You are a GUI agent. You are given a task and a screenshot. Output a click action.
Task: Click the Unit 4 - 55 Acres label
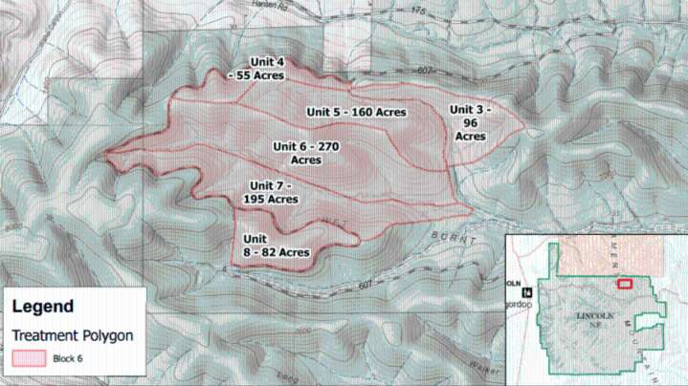(x=257, y=69)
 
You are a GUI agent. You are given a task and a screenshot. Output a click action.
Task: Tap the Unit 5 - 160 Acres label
(x=357, y=112)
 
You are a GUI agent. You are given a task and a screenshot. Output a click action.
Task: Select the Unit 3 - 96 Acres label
(x=470, y=122)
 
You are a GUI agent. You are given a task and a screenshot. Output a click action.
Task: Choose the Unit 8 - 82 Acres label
(x=276, y=246)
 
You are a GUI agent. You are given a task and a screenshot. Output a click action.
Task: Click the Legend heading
(x=42, y=307)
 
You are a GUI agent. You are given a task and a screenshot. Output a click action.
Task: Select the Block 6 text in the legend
(x=75, y=360)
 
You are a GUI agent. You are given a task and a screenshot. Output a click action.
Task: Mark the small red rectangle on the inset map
(x=625, y=283)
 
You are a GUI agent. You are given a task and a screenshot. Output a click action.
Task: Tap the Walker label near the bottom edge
(x=489, y=364)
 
